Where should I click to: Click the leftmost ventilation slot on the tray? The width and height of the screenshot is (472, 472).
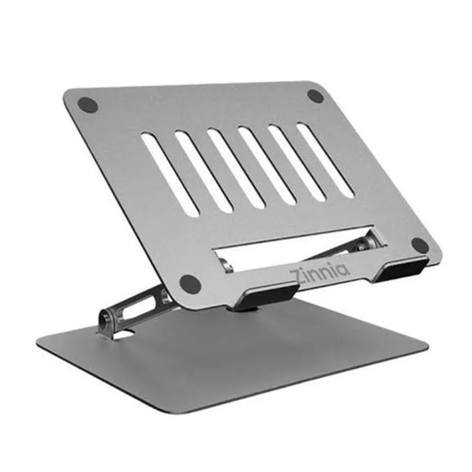170,174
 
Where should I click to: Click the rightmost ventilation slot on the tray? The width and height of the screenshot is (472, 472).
325,160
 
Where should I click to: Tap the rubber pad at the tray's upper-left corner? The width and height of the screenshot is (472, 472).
88,105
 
